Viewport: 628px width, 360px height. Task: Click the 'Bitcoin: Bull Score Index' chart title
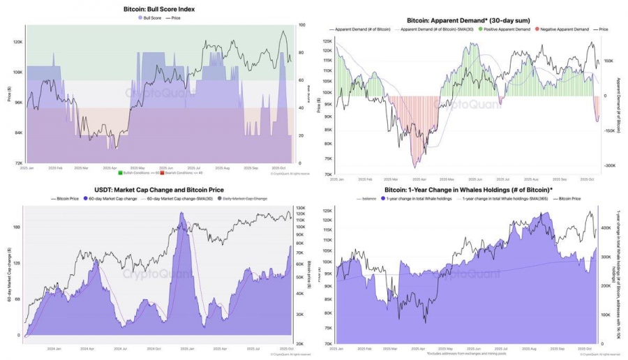click(x=159, y=9)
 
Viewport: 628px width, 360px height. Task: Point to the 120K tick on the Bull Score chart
click(x=17, y=42)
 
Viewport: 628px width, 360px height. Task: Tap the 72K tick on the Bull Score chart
click(x=17, y=163)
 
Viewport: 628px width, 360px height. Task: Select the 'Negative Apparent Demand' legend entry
click(x=562, y=31)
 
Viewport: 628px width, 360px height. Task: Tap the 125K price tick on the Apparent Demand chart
click(x=327, y=41)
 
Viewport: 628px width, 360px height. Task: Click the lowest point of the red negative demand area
click(x=414, y=167)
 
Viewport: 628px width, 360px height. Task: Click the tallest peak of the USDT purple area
click(x=184, y=213)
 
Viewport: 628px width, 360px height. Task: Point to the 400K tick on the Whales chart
click(x=606, y=227)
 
